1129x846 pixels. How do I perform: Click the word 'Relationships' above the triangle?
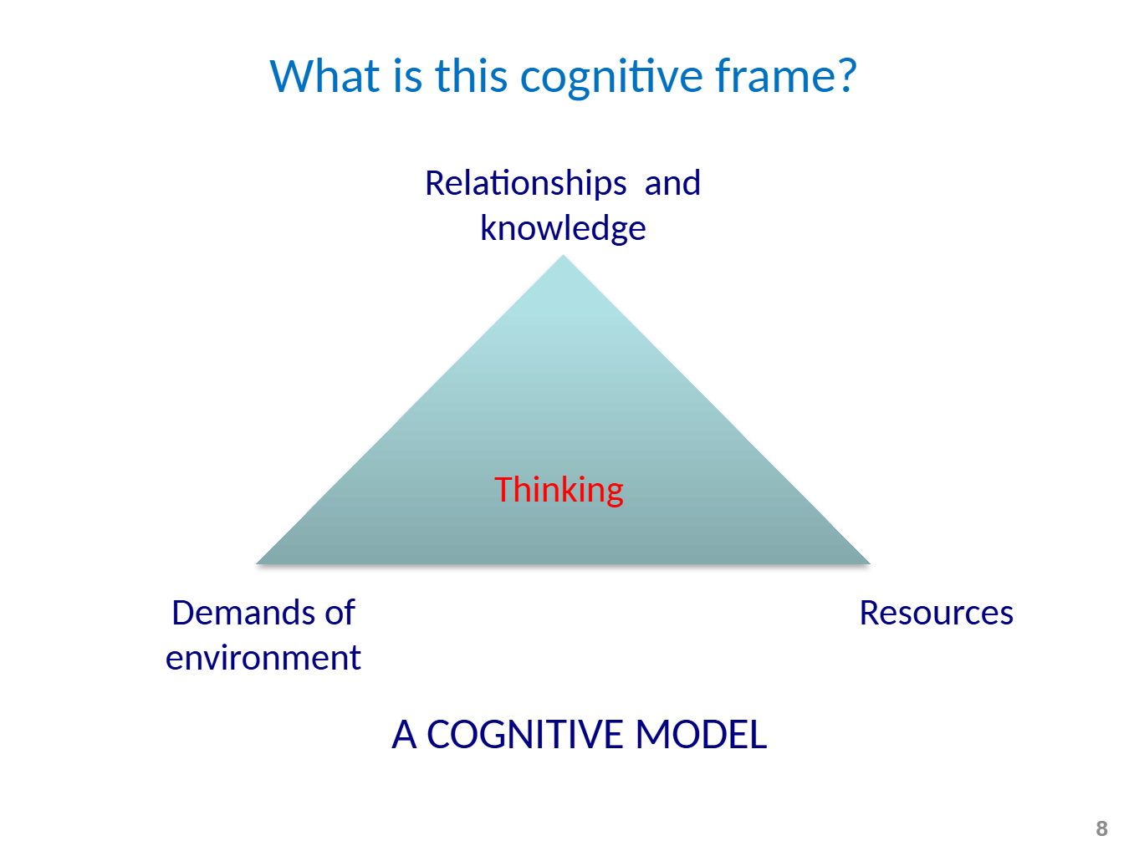tap(525, 183)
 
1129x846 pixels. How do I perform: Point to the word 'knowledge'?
tap(563, 228)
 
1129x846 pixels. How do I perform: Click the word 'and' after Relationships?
tap(672, 183)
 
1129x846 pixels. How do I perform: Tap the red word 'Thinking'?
tap(559, 490)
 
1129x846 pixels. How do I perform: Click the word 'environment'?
tap(263, 658)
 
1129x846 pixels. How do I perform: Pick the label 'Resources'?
tap(936, 613)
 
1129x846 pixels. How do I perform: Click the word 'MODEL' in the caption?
tap(701, 735)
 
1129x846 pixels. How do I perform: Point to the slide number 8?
tap(1101, 828)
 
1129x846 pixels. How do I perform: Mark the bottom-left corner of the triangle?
tap(258, 562)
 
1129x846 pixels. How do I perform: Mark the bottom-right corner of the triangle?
tap(868, 562)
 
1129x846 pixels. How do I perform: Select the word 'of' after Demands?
tap(340, 613)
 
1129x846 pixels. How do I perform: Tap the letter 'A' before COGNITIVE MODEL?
tap(404, 735)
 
